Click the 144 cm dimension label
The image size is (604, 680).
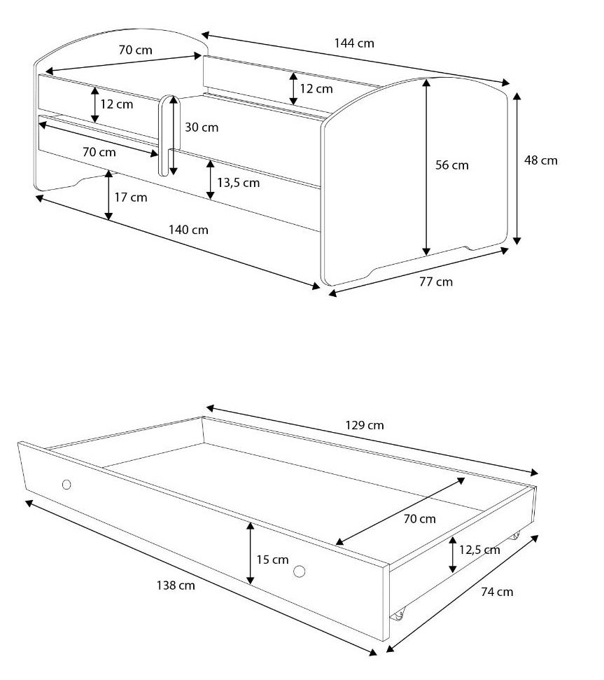[354, 43]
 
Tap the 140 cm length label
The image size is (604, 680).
[188, 230]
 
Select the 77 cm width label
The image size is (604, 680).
[436, 282]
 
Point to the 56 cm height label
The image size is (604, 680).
[452, 165]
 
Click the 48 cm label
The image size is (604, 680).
[541, 160]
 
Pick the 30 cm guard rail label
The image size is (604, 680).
[202, 127]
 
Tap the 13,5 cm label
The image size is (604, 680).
[238, 183]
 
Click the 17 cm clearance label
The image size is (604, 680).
[130, 197]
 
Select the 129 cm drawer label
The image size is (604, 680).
[365, 425]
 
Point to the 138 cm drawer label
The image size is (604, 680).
[176, 585]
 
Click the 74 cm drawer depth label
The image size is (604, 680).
[497, 592]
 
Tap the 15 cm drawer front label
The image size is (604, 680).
[272, 560]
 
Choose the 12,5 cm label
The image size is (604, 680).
[479, 550]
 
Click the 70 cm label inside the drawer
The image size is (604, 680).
[419, 519]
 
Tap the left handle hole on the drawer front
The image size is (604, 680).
[66, 485]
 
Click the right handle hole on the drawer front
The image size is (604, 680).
[299, 571]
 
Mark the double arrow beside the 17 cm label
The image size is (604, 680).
[108, 195]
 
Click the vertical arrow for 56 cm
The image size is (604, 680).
[427, 167]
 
